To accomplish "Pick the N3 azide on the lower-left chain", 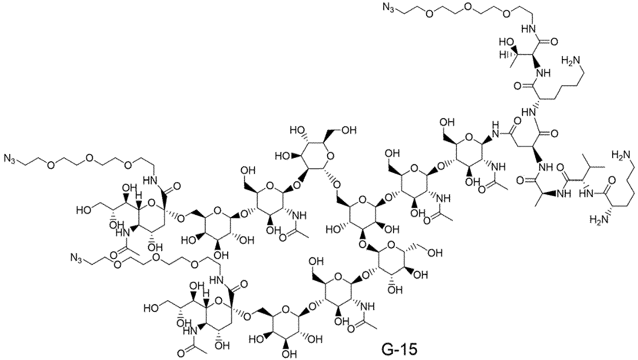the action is click(x=76, y=259).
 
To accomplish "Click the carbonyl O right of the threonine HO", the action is click(x=554, y=42).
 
